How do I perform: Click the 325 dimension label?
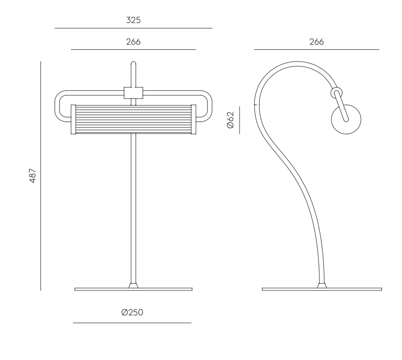coord(133,20)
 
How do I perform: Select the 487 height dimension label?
coord(33,176)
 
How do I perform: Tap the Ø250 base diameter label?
coord(132,312)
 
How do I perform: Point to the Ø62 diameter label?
coord(231,120)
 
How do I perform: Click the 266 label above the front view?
coord(133,41)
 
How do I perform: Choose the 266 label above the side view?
coord(317,41)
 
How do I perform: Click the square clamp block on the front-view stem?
coord(133,93)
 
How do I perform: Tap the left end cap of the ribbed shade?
coord(73,119)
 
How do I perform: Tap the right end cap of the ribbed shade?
coord(193,119)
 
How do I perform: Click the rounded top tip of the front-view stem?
coord(133,62)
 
